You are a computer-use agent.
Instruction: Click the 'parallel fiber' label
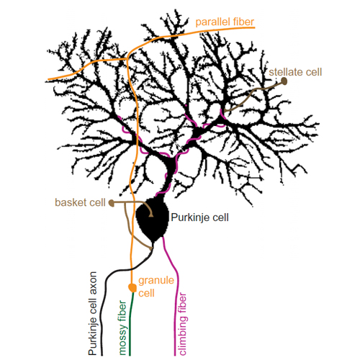225,22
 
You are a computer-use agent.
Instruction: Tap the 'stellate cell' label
295,72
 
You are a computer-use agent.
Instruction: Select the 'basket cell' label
80,202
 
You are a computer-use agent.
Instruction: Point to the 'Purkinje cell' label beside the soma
199,217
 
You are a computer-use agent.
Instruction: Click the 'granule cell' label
156,287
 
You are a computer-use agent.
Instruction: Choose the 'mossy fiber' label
122,328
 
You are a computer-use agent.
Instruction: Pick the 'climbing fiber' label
183,324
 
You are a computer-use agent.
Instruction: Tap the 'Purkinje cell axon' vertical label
93,313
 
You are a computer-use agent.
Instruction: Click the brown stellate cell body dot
284,81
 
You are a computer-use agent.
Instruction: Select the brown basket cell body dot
112,203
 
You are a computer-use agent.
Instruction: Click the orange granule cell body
132,287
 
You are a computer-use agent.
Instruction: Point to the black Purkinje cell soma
152,219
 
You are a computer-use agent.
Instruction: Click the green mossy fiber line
130,323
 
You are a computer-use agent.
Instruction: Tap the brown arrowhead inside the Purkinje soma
151,215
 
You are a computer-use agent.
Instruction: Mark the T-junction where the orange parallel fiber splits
127,58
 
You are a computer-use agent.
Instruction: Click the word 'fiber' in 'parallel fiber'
243,22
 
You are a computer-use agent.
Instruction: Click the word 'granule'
156,281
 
